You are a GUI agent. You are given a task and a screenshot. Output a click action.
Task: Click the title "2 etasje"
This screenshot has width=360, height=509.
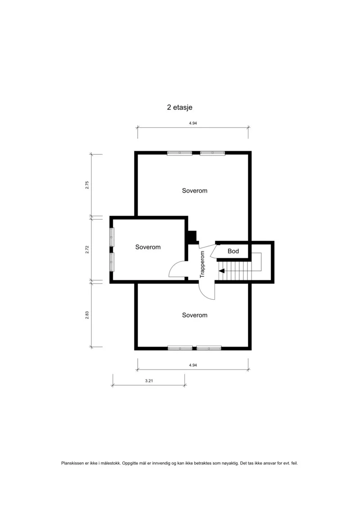tap(180, 107)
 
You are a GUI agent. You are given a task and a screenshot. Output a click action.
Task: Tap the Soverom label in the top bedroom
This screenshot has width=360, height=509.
tap(194, 190)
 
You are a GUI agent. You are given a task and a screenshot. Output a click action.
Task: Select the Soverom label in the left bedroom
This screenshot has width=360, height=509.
tap(148, 247)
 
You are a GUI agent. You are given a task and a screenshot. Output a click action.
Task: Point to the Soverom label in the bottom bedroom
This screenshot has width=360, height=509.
tap(194, 315)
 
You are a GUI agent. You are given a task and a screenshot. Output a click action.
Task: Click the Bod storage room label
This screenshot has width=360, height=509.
tap(233, 251)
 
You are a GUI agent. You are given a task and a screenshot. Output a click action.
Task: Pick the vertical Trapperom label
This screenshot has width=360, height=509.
tap(202, 264)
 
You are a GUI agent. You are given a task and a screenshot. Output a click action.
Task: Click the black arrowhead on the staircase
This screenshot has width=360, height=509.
tap(221, 270)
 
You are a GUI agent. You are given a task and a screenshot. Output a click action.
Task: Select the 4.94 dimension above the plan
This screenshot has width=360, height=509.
tap(193, 123)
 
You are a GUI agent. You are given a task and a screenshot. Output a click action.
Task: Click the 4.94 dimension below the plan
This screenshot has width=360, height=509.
tap(193, 365)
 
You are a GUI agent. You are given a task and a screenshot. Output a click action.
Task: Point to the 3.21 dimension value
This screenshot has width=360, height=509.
tap(149, 381)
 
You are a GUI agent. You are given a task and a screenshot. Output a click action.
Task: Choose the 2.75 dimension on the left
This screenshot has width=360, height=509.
tap(87, 185)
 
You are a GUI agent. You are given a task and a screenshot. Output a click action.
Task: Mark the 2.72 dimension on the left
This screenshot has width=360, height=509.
tap(87, 249)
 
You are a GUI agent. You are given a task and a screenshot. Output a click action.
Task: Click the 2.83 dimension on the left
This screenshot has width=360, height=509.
tap(87, 315)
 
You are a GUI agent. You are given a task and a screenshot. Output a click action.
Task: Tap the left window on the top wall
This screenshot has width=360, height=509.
tap(180, 153)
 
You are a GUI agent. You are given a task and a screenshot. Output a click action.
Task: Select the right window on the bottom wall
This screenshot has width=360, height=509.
tap(209, 348)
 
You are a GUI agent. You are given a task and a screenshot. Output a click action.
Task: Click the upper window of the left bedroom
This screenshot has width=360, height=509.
tap(112, 237)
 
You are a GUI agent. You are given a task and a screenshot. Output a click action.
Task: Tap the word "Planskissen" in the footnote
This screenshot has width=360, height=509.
tap(72, 463)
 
